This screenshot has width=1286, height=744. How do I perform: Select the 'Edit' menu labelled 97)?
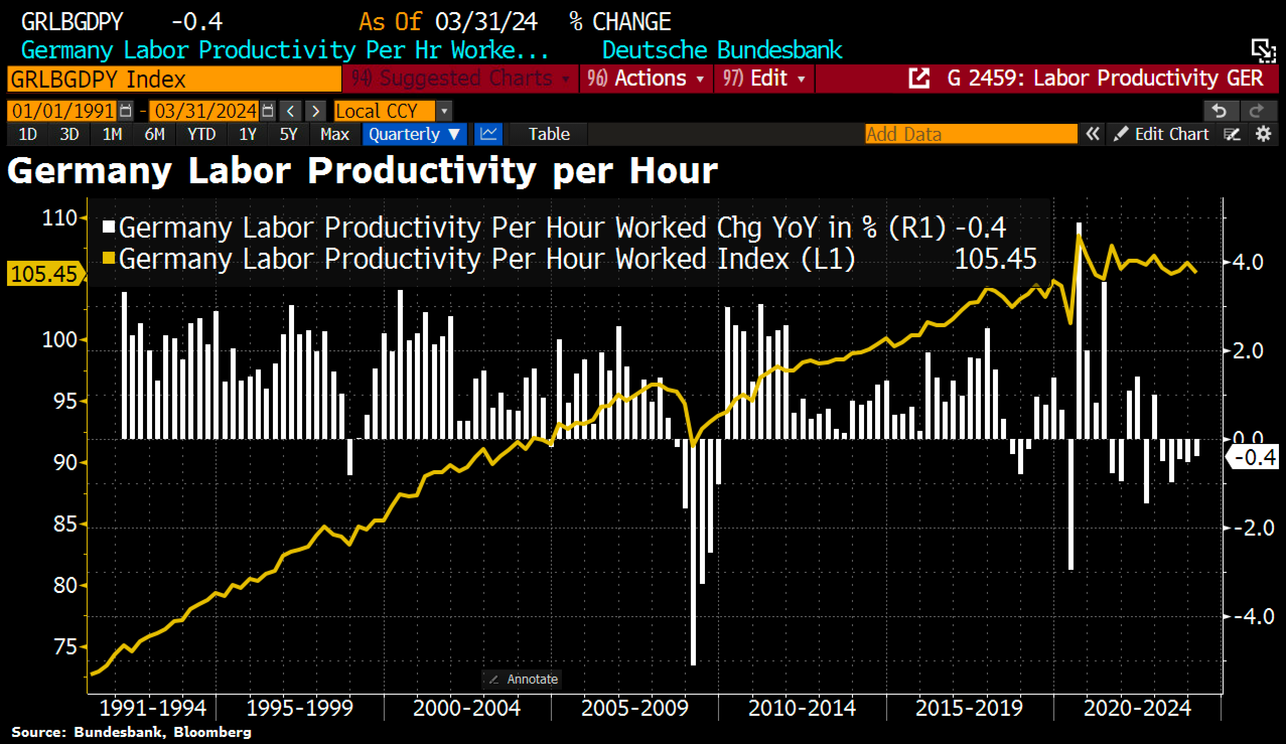[x=763, y=79]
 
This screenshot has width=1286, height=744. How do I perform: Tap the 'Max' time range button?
[x=334, y=134]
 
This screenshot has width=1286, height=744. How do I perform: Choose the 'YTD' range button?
[x=201, y=134]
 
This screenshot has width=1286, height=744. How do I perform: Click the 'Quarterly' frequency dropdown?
[x=414, y=134]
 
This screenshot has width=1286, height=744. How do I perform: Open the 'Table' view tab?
[x=549, y=134]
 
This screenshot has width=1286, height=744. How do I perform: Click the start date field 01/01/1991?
[x=63, y=111]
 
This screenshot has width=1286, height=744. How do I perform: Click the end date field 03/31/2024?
[x=205, y=111]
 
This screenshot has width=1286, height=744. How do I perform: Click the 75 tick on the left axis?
[x=65, y=647]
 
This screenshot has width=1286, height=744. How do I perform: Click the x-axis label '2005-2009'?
[x=634, y=708]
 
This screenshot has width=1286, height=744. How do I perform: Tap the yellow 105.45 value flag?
[x=44, y=274]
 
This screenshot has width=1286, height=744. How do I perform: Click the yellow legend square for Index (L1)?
[x=108, y=258]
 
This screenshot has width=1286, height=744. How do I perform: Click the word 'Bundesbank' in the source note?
[x=117, y=732]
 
